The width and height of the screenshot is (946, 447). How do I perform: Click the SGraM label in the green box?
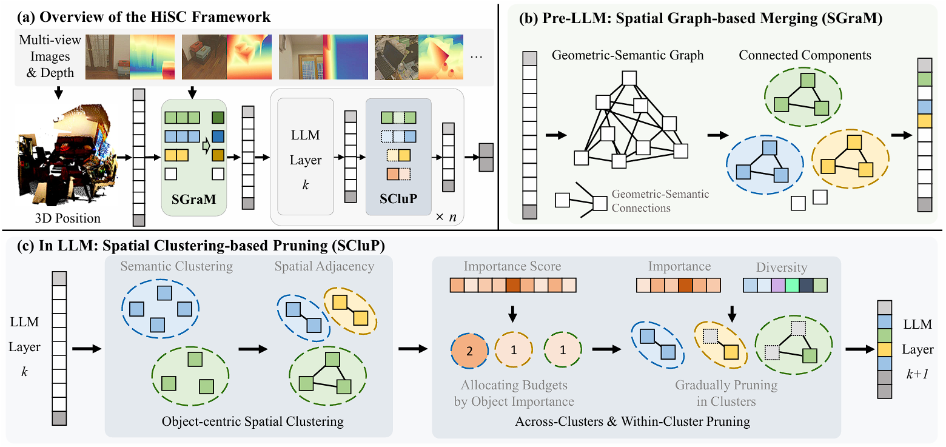point(193,199)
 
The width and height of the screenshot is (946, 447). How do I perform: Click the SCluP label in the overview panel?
point(398,198)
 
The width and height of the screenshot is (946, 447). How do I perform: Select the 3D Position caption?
point(67,218)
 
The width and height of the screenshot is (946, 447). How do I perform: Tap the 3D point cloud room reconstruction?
point(67,156)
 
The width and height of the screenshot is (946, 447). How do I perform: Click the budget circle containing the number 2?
point(469,350)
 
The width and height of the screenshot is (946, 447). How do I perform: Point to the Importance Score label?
point(512,266)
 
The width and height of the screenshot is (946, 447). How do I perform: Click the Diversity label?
point(781,267)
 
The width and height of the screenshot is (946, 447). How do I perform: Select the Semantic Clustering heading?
point(176,266)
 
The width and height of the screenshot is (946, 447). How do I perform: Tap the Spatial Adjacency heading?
point(324,266)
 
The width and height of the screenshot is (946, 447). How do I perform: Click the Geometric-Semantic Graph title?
point(628,55)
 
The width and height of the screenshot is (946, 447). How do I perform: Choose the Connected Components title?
point(805,55)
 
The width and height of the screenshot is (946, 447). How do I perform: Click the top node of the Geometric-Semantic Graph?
point(629,78)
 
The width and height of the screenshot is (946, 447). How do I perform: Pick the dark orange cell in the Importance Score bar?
point(512,285)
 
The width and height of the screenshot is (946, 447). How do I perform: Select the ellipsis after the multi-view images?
point(476,58)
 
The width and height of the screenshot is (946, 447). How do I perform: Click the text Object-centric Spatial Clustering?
point(252,422)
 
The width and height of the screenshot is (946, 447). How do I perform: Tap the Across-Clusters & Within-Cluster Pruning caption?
point(632,422)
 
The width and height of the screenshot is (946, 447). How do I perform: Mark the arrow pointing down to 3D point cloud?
point(59,93)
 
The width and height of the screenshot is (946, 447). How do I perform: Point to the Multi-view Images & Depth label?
point(50,56)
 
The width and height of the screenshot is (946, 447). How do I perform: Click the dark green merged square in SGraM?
point(218,118)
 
